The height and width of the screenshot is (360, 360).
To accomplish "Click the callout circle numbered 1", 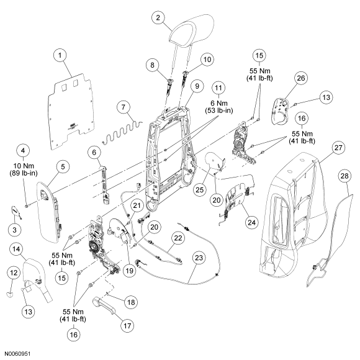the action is click(x=60, y=55).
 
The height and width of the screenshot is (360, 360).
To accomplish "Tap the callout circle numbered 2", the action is click(x=158, y=17).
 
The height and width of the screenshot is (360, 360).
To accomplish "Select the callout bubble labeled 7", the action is click(x=124, y=107).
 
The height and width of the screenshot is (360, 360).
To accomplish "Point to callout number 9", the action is click(x=197, y=86).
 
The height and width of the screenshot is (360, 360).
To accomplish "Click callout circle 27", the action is click(x=338, y=148).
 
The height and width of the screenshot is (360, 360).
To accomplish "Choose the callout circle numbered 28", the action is click(x=344, y=176).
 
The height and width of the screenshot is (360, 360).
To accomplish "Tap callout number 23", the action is click(x=199, y=258).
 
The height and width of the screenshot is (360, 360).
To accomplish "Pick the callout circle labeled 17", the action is click(x=127, y=326).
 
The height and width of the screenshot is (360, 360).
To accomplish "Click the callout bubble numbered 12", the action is click(x=14, y=272).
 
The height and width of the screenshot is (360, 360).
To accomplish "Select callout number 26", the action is click(x=301, y=78).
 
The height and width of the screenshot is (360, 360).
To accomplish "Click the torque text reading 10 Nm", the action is click(x=24, y=166).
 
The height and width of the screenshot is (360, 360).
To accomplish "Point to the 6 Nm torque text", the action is click(x=218, y=103).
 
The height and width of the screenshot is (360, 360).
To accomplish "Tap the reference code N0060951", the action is click(x=18, y=354).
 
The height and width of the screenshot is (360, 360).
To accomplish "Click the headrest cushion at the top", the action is click(x=192, y=29).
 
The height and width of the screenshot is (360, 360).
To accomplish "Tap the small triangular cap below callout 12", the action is click(x=9, y=294).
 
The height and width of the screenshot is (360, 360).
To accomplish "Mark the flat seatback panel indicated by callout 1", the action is click(x=71, y=112).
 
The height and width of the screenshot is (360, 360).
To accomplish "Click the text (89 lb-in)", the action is click(x=24, y=173).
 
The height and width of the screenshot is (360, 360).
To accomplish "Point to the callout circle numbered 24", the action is click(x=251, y=222).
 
